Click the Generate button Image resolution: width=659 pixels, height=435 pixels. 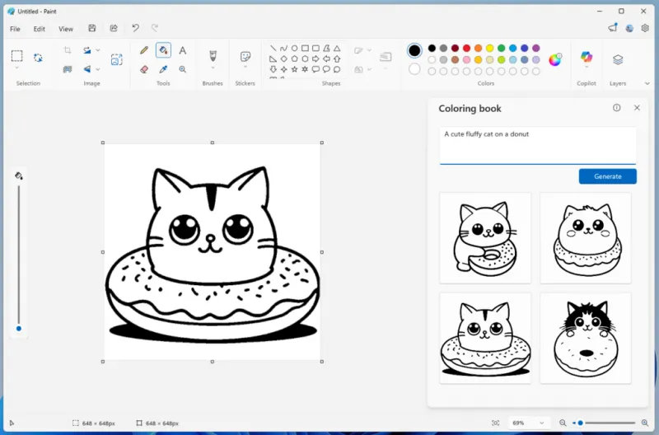click(x=607, y=176)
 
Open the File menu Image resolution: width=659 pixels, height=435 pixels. click(x=15, y=29)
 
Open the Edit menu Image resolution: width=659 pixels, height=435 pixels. click(x=40, y=29)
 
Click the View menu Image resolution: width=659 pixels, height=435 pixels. click(x=66, y=29)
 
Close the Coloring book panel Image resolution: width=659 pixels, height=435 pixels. click(x=637, y=108)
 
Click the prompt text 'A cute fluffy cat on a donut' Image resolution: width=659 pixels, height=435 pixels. click(x=486, y=133)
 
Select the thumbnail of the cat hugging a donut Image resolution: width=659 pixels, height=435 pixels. click(x=485, y=237)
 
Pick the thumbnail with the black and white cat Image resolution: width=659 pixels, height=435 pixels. click(x=585, y=338)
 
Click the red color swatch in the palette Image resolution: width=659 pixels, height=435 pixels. click(x=466, y=49)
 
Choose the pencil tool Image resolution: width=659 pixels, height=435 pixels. click(x=144, y=50)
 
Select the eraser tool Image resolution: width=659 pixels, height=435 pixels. click(x=144, y=69)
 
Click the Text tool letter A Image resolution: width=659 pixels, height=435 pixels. click(x=183, y=50)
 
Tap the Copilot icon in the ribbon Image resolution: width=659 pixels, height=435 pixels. click(x=587, y=58)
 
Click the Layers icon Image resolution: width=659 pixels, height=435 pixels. click(x=618, y=59)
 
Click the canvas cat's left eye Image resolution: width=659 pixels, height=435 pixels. click(x=185, y=227)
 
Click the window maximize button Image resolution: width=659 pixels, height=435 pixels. click(x=621, y=11)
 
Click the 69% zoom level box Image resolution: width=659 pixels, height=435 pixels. click(x=527, y=423)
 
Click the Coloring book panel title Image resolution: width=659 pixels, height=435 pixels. click(x=470, y=108)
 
